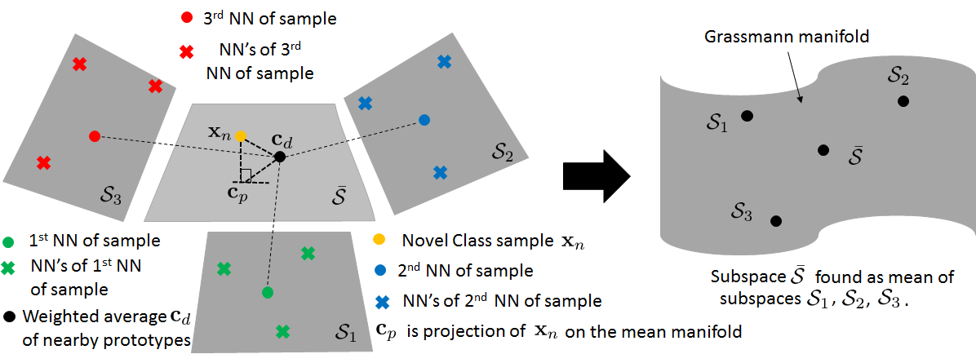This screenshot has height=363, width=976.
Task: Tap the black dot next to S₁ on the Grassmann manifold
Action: [x=747, y=117]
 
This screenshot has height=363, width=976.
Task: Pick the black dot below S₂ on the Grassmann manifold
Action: [x=903, y=101]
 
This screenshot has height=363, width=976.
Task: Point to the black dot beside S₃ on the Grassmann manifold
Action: [x=775, y=221]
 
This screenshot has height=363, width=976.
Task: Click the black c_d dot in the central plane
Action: [x=280, y=156]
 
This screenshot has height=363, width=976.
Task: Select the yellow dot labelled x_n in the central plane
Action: [x=240, y=135]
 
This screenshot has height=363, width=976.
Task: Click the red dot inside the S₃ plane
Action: [x=94, y=135]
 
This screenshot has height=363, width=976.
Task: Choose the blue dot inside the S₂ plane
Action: [x=424, y=120]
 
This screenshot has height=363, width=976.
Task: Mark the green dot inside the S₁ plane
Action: [x=267, y=292]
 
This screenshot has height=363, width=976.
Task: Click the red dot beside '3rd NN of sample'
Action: [x=186, y=17]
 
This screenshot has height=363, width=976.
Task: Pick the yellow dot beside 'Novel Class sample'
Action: [x=379, y=241]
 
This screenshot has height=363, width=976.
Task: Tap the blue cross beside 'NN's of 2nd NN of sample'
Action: [x=379, y=299]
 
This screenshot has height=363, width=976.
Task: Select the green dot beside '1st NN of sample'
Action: [x=9, y=241]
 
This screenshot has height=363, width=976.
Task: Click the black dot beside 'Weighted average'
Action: [x=9, y=316]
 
